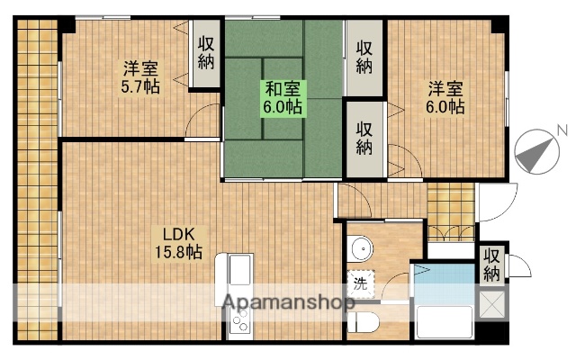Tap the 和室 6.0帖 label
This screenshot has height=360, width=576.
[x=282, y=97]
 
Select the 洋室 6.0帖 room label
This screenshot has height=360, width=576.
[x=445, y=97]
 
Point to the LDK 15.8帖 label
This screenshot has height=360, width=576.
[x=182, y=243]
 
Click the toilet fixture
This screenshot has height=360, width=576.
[x=364, y=321]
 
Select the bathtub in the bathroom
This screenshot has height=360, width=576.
[x=445, y=320]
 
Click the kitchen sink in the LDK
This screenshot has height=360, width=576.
[x=240, y=270]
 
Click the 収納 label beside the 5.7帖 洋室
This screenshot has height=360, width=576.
[x=207, y=53]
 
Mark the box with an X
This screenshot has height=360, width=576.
[x=491, y=303]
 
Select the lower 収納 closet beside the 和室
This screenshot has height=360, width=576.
[x=364, y=138]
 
